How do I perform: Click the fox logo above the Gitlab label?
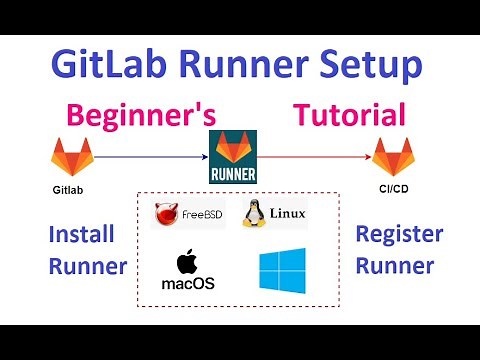tap(71, 157)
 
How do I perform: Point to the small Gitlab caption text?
tap(69, 187)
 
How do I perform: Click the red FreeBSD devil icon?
tap(168, 214)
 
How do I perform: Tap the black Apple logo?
tap(187, 263)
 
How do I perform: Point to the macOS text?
tap(187, 284)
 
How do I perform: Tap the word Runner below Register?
tap(398, 267)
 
